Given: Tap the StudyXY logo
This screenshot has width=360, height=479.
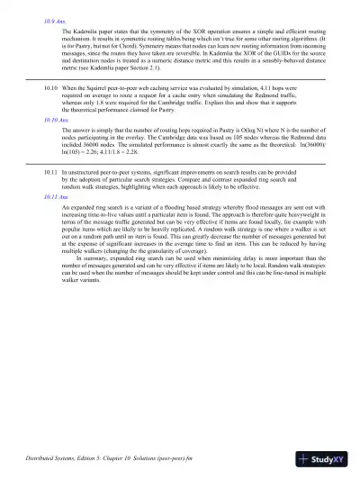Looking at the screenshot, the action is (x=326, y=462).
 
